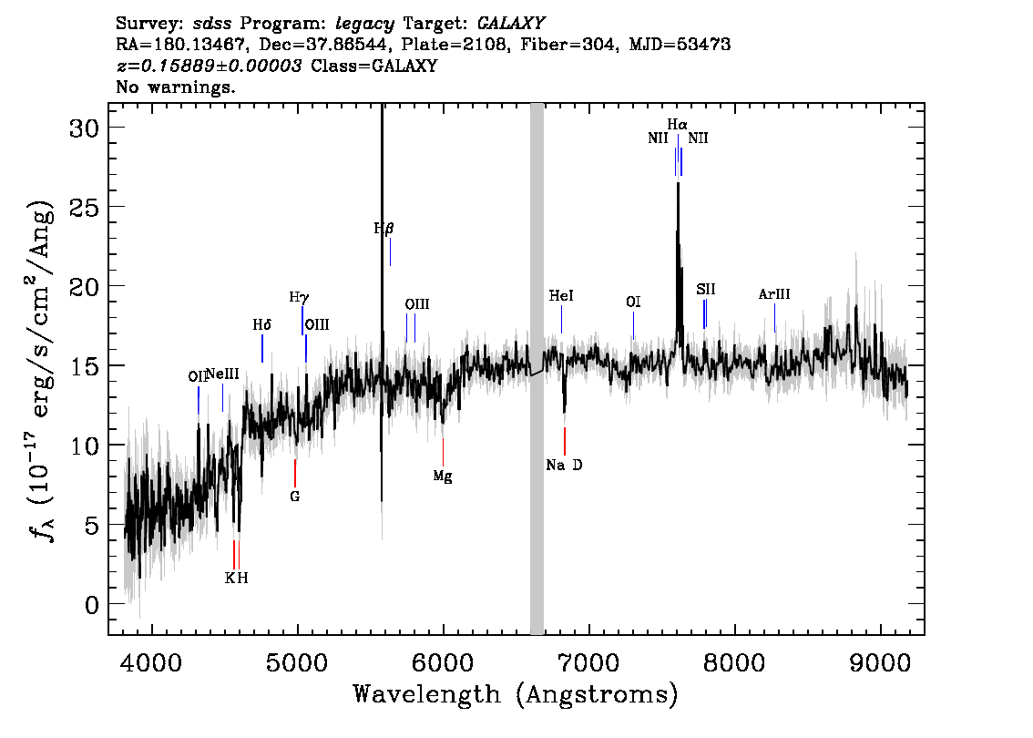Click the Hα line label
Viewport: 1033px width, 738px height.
(677, 125)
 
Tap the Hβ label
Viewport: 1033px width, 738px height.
(384, 229)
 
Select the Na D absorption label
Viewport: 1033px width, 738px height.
(564, 466)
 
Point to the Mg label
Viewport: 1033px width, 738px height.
(443, 476)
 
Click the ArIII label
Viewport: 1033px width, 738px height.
(774, 294)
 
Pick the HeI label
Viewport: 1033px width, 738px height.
(561, 296)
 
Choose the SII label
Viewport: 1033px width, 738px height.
(706, 289)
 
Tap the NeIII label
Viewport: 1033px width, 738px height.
(222, 375)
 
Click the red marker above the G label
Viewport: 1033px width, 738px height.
(295, 473)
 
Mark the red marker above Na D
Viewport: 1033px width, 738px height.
(565, 441)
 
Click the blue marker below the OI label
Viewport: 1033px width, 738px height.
(634, 325)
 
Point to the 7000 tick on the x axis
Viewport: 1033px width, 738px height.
(588, 662)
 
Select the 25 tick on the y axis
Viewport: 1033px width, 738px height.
(84, 208)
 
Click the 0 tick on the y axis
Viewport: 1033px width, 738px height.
(92, 604)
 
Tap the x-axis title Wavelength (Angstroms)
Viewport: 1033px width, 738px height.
(516, 694)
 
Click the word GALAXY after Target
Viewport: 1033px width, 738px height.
(511, 24)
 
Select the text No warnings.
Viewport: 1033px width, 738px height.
(176, 87)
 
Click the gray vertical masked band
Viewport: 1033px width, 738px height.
(537, 369)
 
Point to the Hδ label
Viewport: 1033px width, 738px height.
(262, 325)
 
